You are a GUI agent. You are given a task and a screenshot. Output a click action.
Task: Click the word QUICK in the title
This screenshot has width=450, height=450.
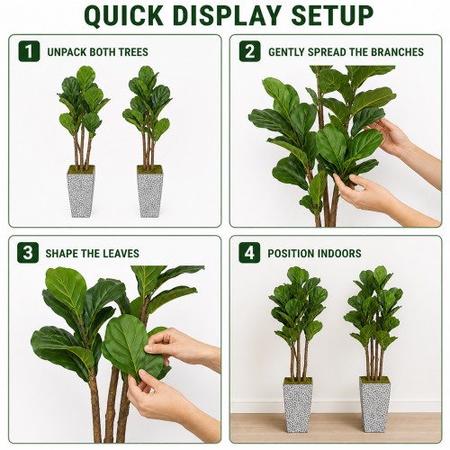[x=124, y=15]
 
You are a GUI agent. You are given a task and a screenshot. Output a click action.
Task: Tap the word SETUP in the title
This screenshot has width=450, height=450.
[x=332, y=15]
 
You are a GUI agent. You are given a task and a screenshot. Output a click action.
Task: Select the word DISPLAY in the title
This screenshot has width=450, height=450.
[x=227, y=15]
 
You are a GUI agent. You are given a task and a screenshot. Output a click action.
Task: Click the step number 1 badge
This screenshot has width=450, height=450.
[x=29, y=51]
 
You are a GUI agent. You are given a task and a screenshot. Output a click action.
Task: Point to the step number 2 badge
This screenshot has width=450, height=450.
[x=249, y=51]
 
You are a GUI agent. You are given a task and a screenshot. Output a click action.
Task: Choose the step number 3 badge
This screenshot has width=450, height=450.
[x=28, y=253]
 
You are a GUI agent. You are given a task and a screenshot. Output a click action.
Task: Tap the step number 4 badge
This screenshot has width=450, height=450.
[x=249, y=253]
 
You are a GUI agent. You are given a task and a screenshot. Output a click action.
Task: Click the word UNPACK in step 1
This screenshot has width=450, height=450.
[x=67, y=52]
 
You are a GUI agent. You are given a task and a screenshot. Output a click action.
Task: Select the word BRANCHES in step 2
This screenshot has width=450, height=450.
[x=397, y=52]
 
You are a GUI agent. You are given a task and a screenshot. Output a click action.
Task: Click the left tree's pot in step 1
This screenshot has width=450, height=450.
[x=81, y=192]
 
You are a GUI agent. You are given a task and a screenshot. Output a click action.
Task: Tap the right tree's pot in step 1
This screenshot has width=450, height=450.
[x=150, y=192]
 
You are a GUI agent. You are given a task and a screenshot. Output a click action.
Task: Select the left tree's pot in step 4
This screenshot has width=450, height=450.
[x=298, y=405]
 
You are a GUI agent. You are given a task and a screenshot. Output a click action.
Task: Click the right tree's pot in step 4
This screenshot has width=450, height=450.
[x=375, y=404]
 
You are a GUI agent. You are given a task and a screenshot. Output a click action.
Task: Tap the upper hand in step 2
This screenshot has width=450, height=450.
[x=402, y=144]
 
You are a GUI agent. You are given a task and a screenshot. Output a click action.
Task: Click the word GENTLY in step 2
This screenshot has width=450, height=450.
[x=286, y=52]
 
